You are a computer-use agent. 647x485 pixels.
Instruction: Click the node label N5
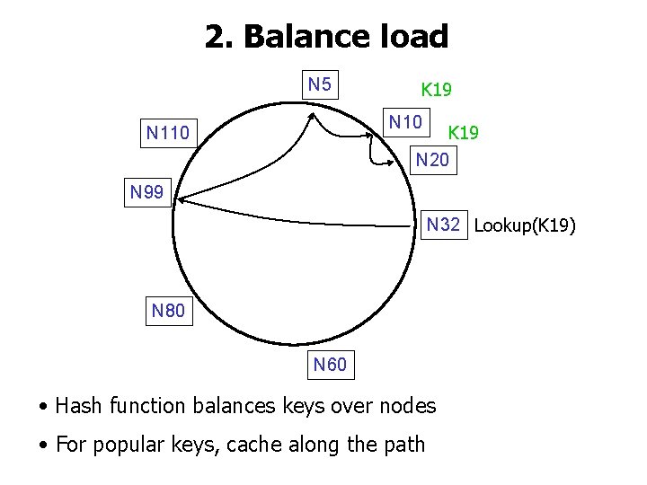point(320,85)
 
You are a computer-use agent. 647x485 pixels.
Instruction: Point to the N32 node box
point(444,225)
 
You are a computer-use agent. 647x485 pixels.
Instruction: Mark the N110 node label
point(168,135)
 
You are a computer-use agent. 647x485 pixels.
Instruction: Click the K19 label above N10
point(437,90)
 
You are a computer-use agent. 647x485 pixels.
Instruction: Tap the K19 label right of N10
point(463,133)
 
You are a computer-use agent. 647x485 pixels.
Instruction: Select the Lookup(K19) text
point(525,225)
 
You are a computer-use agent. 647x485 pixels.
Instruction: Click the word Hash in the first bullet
point(79,406)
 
